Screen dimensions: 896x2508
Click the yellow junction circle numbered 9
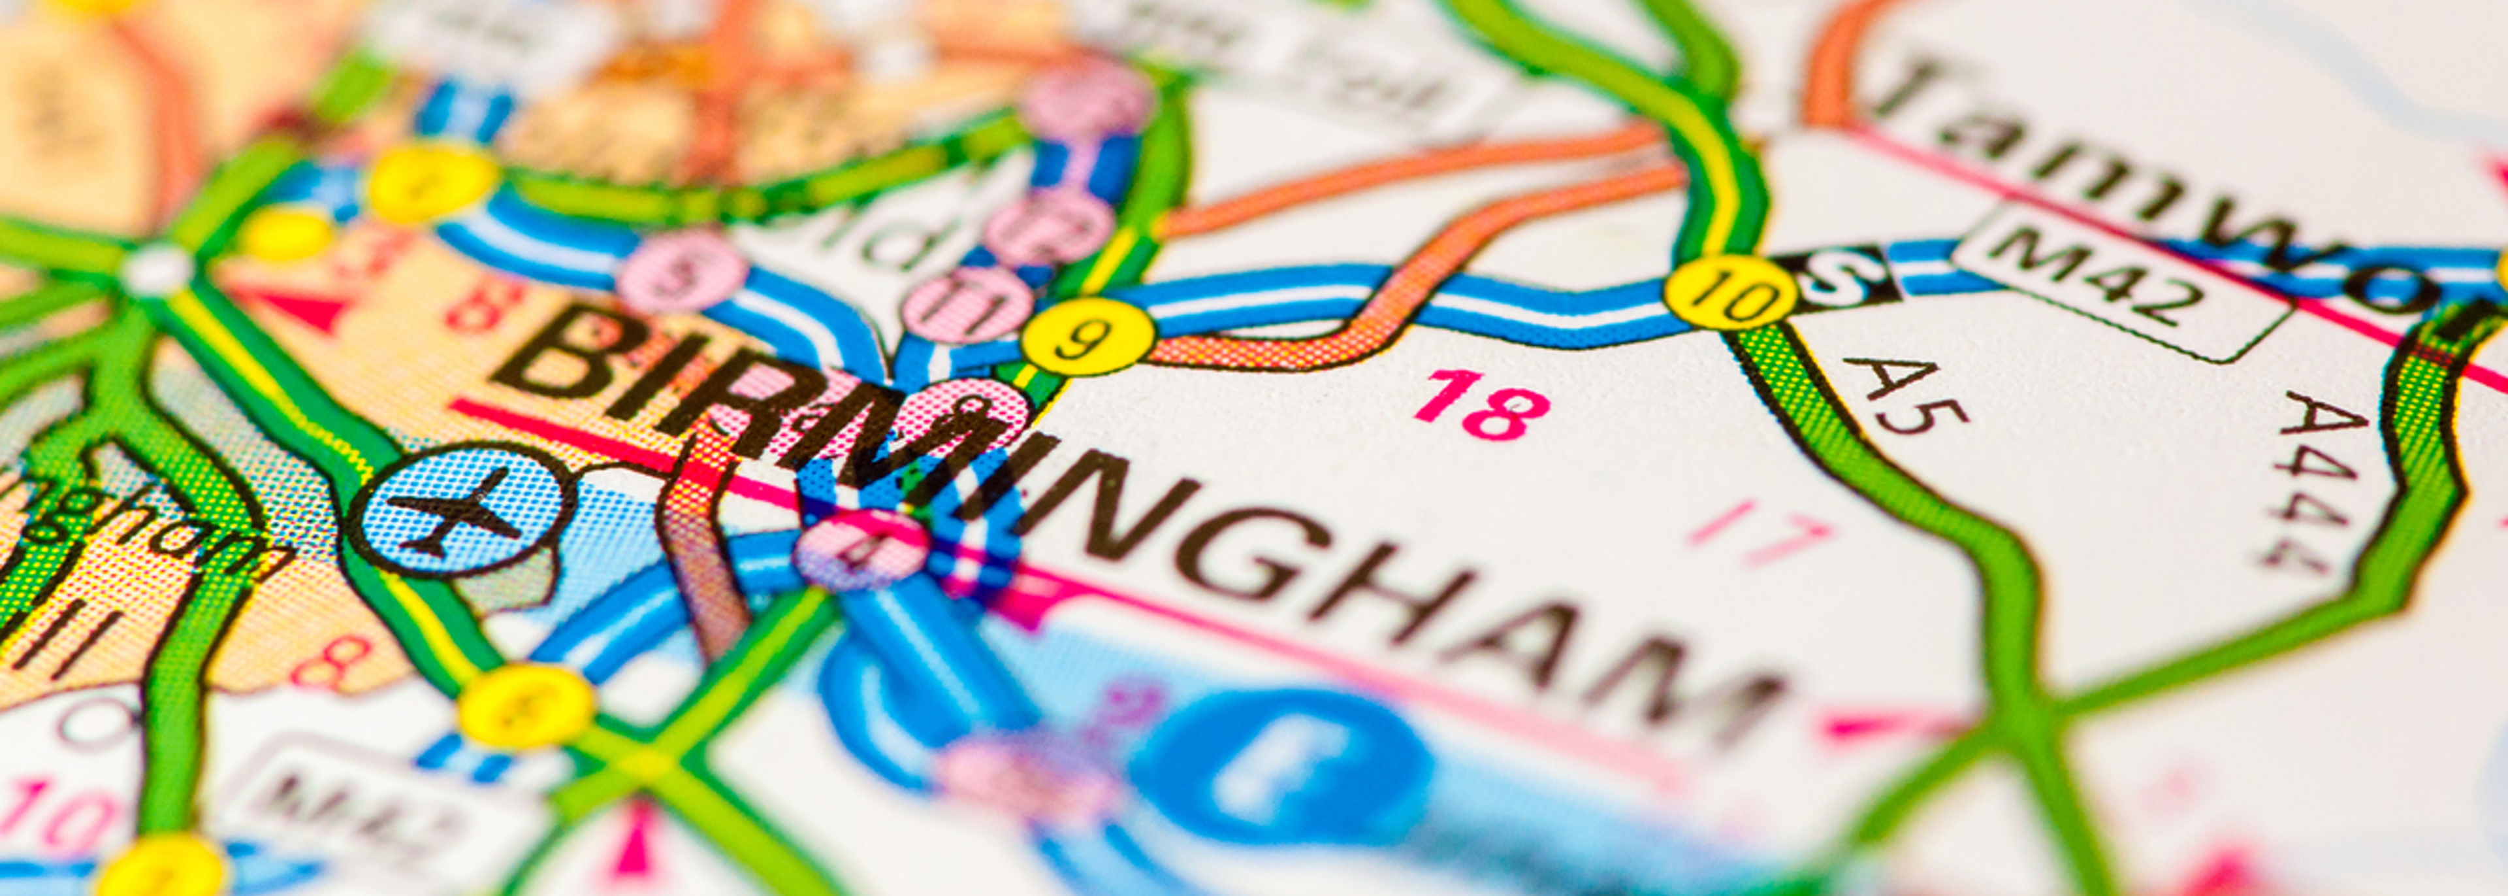click(1087, 336)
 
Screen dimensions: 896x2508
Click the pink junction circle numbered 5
click(681, 271)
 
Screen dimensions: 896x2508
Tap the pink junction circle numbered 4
click(861, 550)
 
